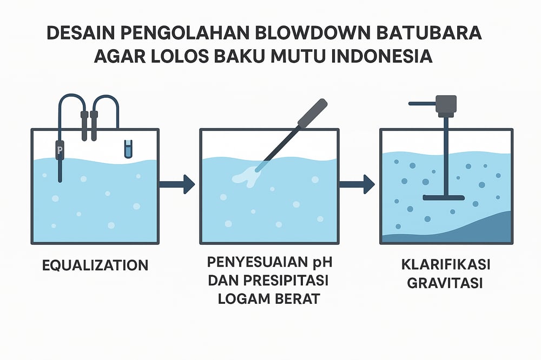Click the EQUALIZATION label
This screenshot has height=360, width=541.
tap(95, 265)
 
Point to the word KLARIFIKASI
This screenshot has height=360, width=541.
tap(446, 266)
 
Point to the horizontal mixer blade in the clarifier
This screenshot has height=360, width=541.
tap(444, 196)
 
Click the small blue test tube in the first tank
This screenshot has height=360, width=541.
tap(128, 149)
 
